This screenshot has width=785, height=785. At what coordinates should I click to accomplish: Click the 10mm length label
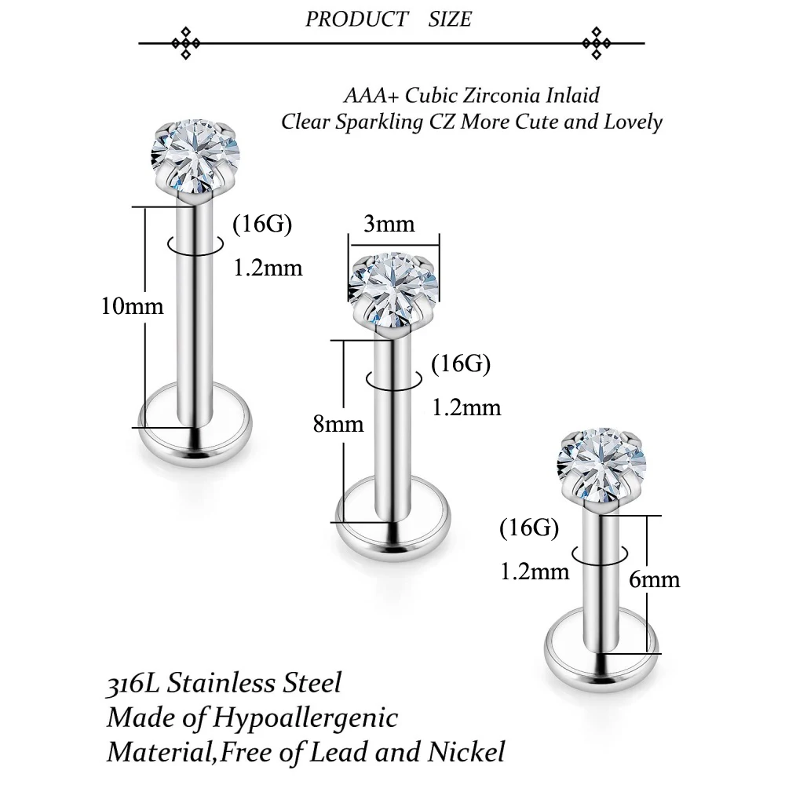[132, 306]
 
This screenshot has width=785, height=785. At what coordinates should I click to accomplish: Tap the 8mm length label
[338, 424]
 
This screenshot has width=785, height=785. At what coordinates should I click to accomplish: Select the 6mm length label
[655, 579]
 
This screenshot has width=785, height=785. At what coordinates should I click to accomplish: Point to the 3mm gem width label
[389, 224]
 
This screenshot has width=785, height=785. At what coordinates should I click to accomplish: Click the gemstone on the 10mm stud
[195, 156]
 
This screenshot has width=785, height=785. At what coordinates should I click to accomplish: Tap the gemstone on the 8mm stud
[393, 289]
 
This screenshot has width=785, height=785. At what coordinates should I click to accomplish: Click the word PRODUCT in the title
[357, 20]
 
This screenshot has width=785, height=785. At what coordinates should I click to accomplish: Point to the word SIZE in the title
[450, 20]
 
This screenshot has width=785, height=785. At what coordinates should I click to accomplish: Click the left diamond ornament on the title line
[186, 43]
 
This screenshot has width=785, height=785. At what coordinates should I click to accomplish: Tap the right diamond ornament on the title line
[597, 43]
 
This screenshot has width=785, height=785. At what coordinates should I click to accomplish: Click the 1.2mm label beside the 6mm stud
[535, 571]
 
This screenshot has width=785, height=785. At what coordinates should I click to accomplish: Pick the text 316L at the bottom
[133, 683]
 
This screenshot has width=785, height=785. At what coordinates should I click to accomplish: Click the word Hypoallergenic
[305, 718]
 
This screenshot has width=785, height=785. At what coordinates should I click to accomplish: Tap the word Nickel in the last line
[466, 752]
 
